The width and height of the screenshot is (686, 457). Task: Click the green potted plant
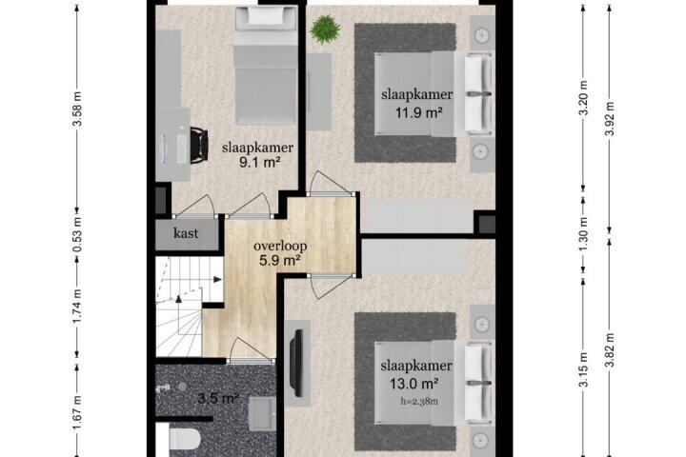(x=325, y=30)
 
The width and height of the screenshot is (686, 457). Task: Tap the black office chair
(x=198, y=145)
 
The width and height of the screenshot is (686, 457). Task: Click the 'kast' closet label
(x=186, y=233)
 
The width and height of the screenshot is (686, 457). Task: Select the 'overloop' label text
(x=280, y=246)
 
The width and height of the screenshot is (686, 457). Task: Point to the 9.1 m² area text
(x=259, y=163)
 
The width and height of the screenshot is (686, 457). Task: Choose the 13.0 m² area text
(x=414, y=384)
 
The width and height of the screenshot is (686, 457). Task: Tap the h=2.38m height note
(x=420, y=401)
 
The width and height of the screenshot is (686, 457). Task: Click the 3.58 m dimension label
(x=77, y=109)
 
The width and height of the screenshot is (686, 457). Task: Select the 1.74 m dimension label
(x=77, y=307)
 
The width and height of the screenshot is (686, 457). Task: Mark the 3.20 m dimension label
(x=584, y=104)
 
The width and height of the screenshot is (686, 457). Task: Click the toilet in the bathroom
(x=184, y=440)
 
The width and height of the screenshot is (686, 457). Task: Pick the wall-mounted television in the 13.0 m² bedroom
(x=298, y=364)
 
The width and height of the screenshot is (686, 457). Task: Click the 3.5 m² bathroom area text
(x=218, y=398)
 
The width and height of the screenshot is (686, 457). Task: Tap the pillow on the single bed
(x=266, y=17)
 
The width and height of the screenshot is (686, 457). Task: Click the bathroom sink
(x=263, y=414)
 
